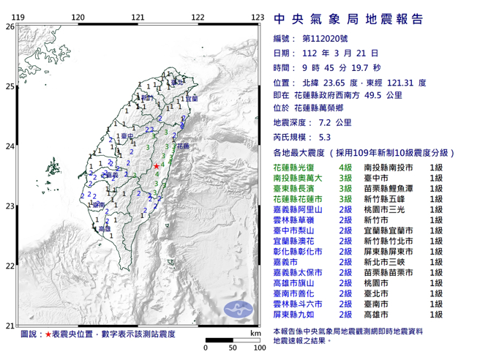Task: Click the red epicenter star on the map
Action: point(157,168)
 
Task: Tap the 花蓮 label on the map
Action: point(182,146)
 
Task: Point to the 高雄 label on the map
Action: point(105,229)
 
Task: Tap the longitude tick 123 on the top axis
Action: point(256,17)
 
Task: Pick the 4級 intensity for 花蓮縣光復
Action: point(344,168)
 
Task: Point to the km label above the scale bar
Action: point(254,334)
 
